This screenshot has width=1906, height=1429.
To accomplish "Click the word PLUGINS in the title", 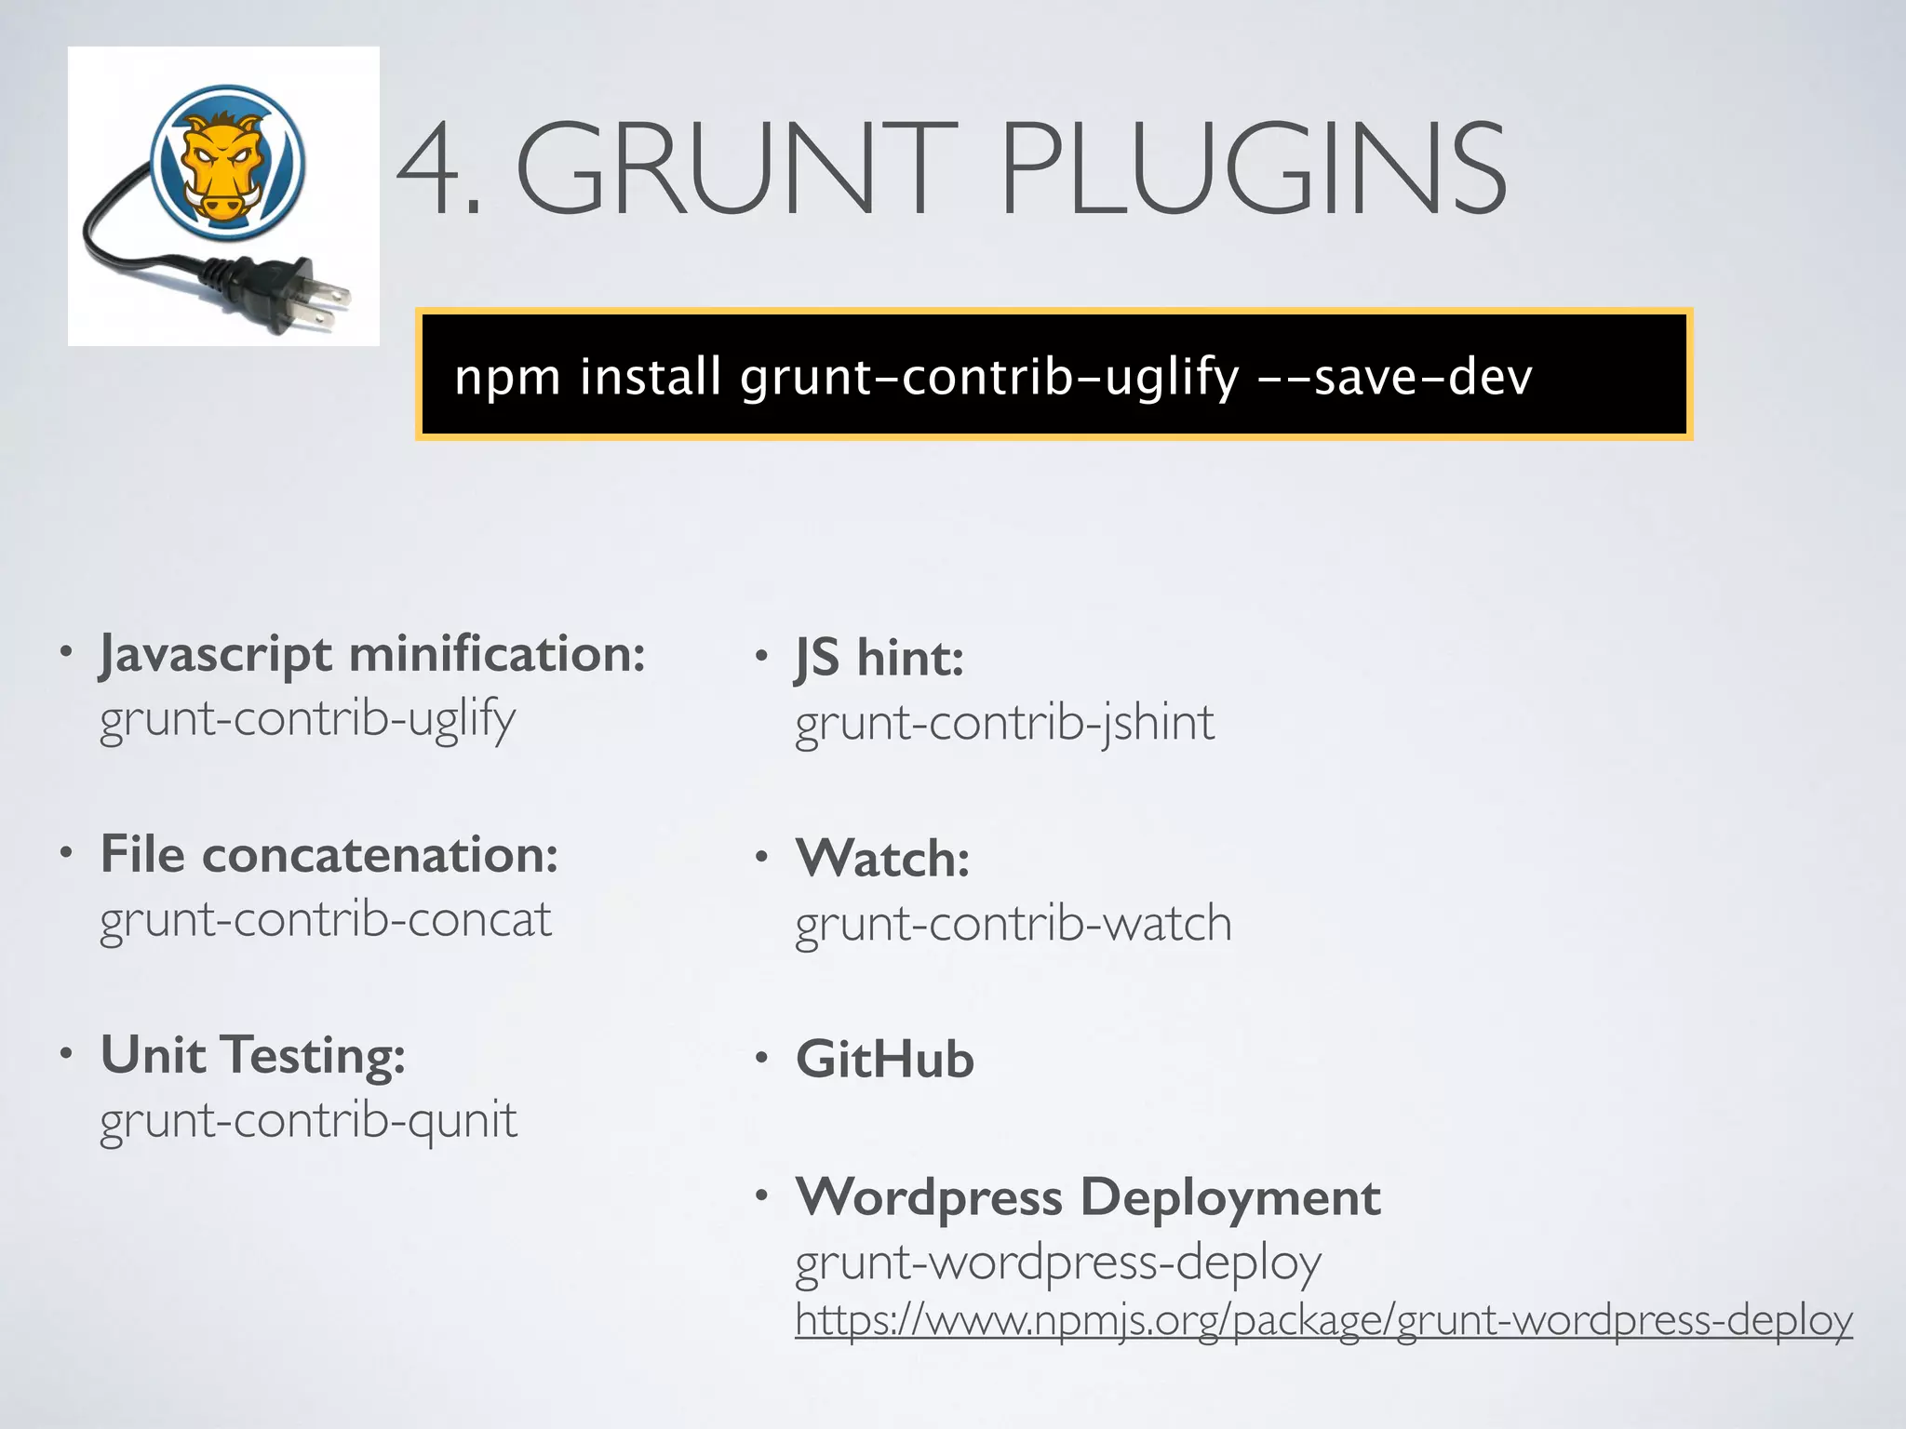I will click(x=1252, y=169).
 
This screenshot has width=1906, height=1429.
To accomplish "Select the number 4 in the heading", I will click(x=430, y=169).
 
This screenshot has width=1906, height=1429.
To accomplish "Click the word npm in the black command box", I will click(x=507, y=378).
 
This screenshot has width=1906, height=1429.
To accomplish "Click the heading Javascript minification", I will click(x=372, y=654).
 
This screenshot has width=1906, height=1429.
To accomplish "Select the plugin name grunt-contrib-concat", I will click(x=326, y=919).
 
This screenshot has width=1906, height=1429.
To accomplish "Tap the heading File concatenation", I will click(x=329, y=854).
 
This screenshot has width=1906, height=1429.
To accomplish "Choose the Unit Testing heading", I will click(x=253, y=1055).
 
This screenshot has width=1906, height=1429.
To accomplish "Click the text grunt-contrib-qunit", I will click(x=308, y=1120).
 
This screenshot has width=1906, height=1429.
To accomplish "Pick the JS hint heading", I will click(x=879, y=658).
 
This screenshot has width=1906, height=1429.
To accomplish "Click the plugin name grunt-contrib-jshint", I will click(x=1004, y=723).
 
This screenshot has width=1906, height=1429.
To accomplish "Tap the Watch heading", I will click(x=882, y=858).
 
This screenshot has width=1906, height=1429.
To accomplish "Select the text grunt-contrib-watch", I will click(x=1013, y=924).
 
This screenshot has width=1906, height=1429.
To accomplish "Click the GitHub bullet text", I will click(x=884, y=1060).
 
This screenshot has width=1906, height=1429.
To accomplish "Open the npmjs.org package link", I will click(x=1322, y=1320).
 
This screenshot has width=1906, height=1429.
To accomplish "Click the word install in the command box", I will click(x=651, y=376).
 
